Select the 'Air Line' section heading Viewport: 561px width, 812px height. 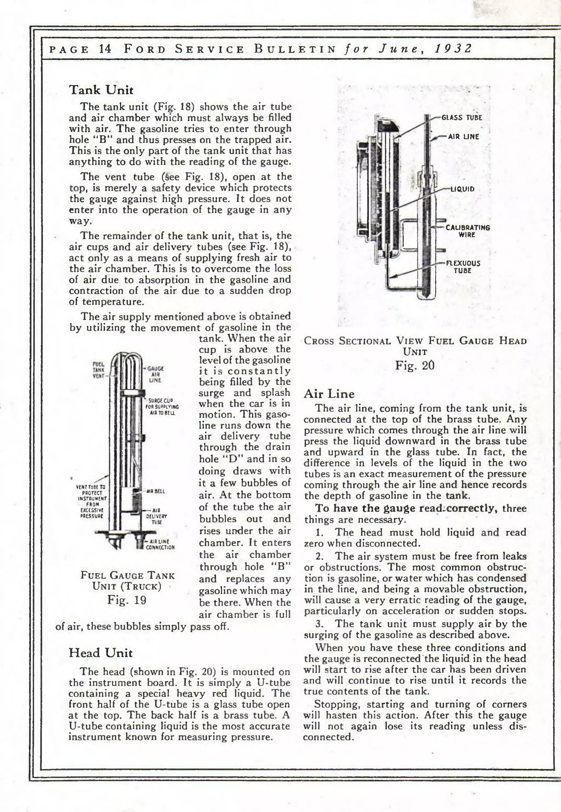click(x=329, y=394)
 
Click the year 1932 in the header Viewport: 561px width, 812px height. click(x=453, y=48)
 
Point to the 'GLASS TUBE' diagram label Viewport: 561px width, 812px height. click(x=462, y=118)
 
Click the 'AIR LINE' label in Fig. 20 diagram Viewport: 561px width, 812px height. click(x=463, y=137)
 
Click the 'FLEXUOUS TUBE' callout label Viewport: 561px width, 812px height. click(x=463, y=267)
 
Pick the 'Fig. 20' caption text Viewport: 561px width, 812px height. click(x=415, y=365)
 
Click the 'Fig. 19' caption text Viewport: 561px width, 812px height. click(x=127, y=600)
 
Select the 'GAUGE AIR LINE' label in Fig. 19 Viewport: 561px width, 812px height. click(x=155, y=374)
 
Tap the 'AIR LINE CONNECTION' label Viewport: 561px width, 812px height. click(x=160, y=544)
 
